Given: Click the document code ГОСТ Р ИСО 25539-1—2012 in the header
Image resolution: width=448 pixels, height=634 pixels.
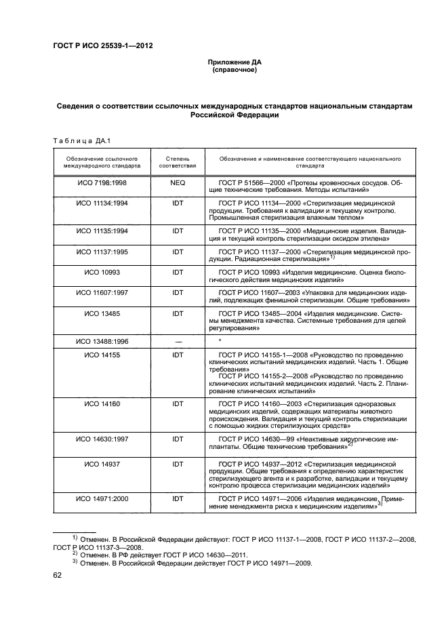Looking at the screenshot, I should (102, 46).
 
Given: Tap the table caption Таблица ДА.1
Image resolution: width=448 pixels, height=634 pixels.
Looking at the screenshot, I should (81, 141).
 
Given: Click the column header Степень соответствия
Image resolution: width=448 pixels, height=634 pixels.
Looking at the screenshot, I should (178, 161).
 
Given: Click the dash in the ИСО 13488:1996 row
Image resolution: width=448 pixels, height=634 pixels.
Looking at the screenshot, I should (178, 340).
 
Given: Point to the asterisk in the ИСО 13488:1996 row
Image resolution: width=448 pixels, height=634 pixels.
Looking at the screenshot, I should (220, 340).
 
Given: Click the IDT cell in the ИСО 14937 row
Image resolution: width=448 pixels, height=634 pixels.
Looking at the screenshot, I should (178, 464).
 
